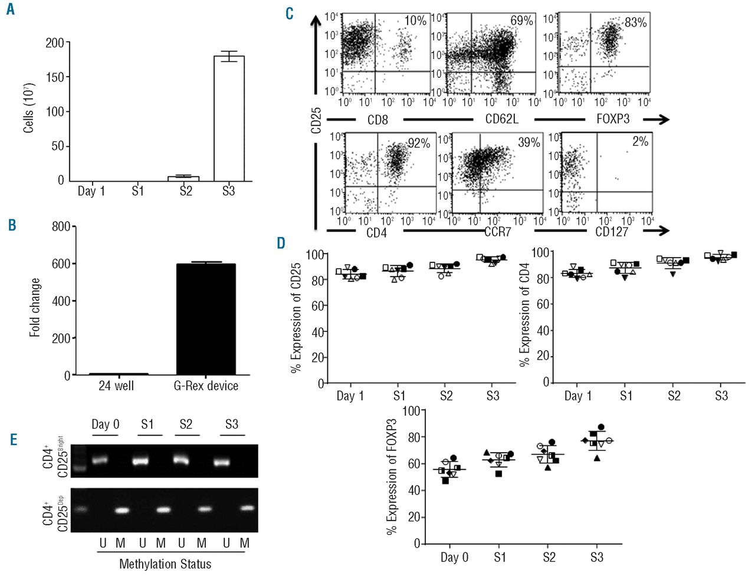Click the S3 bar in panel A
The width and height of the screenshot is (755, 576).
[x=228, y=118]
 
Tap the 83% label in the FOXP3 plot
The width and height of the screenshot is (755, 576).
[x=635, y=22]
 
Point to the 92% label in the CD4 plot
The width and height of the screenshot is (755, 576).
[x=419, y=143]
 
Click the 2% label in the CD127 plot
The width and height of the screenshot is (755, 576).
[x=640, y=141]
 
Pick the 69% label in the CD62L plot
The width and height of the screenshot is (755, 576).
[x=521, y=21]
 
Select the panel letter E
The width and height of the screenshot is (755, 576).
[x=13, y=439]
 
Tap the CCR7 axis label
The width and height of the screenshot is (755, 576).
[x=497, y=232]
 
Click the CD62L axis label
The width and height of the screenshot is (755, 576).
[x=501, y=120]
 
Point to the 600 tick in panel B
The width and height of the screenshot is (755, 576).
[x=61, y=264]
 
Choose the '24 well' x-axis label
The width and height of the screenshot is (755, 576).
[x=116, y=386]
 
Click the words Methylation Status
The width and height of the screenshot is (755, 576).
[x=165, y=564]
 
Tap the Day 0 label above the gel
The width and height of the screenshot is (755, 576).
[x=105, y=424]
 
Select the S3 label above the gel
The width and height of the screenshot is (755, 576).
[x=232, y=424]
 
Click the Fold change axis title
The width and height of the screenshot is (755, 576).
[x=35, y=308]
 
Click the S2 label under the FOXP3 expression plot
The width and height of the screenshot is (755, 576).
[x=549, y=557]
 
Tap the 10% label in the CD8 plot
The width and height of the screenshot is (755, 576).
[x=415, y=21]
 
